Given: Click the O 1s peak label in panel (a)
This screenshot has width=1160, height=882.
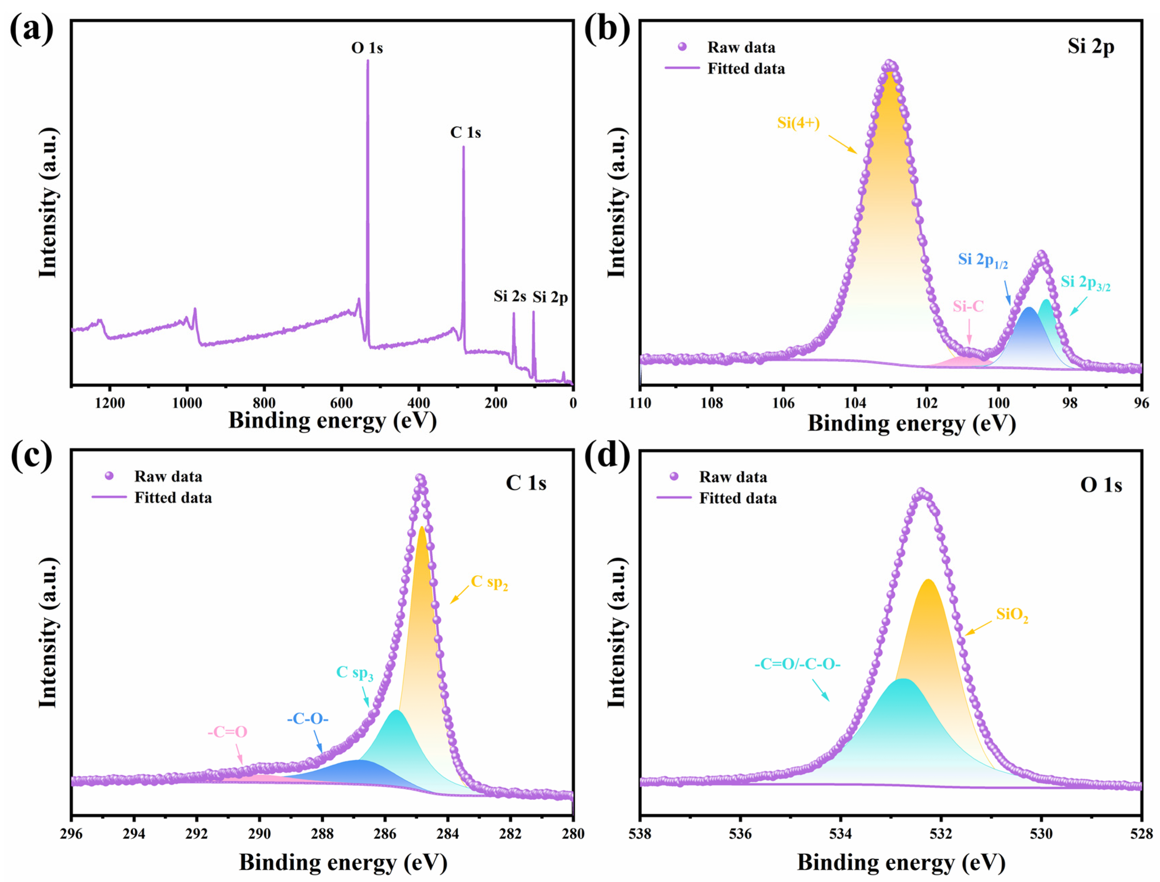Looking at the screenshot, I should point(367,48).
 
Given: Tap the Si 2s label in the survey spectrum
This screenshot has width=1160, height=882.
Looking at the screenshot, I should point(509,297).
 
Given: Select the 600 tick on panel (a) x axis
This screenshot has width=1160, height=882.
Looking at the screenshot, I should point(341,403).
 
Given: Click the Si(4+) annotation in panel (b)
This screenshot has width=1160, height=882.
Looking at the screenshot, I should point(798,123).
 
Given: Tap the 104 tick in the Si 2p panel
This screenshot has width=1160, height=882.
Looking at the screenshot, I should point(855,403).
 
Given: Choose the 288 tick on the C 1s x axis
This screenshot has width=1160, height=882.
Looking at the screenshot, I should point(322,834).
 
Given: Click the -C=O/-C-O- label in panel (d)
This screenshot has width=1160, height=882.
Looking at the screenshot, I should point(797,665).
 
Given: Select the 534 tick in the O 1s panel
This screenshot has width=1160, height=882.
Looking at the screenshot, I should point(841,834).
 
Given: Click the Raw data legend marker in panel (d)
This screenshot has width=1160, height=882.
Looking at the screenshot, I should point(674,477).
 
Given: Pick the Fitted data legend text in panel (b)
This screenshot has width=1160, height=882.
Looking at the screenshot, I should point(746,69).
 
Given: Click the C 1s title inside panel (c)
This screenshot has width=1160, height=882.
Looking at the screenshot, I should point(526,483).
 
